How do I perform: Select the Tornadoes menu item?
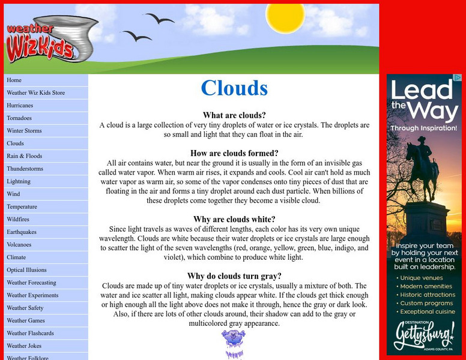pyautogui.click(x=19, y=118)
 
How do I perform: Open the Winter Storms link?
pyautogui.click(x=24, y=131)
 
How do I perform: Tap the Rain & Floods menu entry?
pyautogui.click(x=24, y=156)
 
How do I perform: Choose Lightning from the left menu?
pyautogui.click(x=19, y=181)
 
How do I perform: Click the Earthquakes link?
pyautogui.click(x=22, y=232)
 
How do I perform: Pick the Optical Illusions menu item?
pyautogui.click(x=26, y=270)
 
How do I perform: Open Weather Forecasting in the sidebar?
pyautogui.click(x=31, y=283)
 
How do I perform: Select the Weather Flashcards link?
pyautogui.click(x=30, y=333)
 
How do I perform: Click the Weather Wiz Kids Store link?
pyautogui.click(x=35, y=93)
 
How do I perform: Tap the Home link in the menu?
pyautogui.click(x=14, y=80)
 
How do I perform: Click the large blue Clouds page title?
pyautogui.click(x=234, y=88)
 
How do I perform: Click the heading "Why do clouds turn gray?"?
pyautogui.click(x=234, y=276)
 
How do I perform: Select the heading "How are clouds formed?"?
pyautogui.click(x=234, y=153)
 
